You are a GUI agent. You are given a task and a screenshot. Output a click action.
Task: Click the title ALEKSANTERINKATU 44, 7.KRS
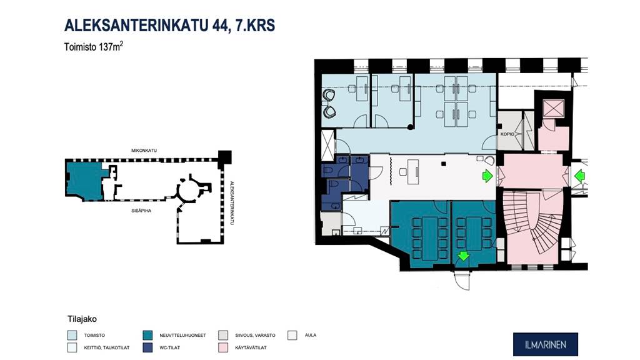(x=169, y=26)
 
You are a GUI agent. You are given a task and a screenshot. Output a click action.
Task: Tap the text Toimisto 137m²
(x=94, y=46)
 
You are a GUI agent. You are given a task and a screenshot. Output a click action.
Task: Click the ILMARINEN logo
(x=545, y=344)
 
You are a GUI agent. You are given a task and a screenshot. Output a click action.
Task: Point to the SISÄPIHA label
(x=141, y=211)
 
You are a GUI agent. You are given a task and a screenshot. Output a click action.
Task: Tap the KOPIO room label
(x=507, y=134)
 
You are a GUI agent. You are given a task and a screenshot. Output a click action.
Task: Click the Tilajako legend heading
(x=81, y=318)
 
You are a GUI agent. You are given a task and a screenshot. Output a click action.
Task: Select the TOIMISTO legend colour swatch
(x=71, y=335)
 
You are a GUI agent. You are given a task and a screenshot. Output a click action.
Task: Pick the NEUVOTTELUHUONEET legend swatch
(x=148, y=335)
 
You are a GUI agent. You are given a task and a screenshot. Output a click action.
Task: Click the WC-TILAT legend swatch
(x=148, y=347)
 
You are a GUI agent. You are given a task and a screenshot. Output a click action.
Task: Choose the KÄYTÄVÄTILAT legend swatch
(x=224, y=347)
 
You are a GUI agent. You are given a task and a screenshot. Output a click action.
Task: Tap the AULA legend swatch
(x=292, y=335)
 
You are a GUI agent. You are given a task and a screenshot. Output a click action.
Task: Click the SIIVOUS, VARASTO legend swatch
(x=224, y=335)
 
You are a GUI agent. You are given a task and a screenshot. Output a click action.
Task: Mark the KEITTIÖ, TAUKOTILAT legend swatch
(x=71, y=347)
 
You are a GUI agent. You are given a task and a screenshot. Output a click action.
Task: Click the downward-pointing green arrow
(x=463, y=255)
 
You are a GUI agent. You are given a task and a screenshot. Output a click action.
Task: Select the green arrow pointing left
(x=579, y=176)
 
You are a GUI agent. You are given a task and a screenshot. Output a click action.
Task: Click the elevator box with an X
(x=553, y=109)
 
